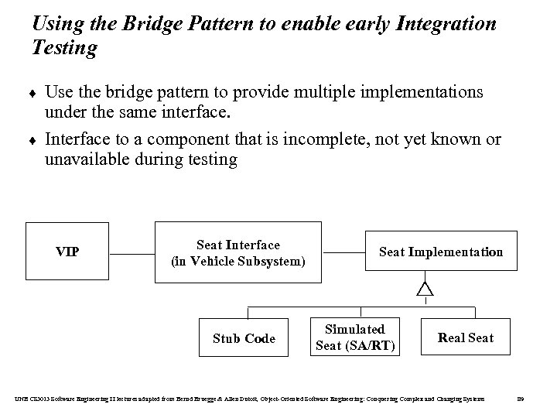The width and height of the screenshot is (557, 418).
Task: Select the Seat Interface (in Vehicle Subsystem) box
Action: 238,253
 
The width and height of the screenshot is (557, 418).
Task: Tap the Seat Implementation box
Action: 440,252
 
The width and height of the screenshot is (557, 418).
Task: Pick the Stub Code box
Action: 244,338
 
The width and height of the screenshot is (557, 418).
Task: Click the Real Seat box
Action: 465,337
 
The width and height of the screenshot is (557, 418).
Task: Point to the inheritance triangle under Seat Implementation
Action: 425,289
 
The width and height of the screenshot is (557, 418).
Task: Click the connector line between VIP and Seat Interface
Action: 131,252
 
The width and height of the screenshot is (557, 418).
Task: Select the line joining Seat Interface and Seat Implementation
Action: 343,252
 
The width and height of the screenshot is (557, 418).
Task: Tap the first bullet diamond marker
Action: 35,94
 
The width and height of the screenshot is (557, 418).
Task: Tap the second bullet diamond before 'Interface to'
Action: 35,142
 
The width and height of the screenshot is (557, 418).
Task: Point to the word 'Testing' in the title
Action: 65,49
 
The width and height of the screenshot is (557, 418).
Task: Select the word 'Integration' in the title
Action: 446,24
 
